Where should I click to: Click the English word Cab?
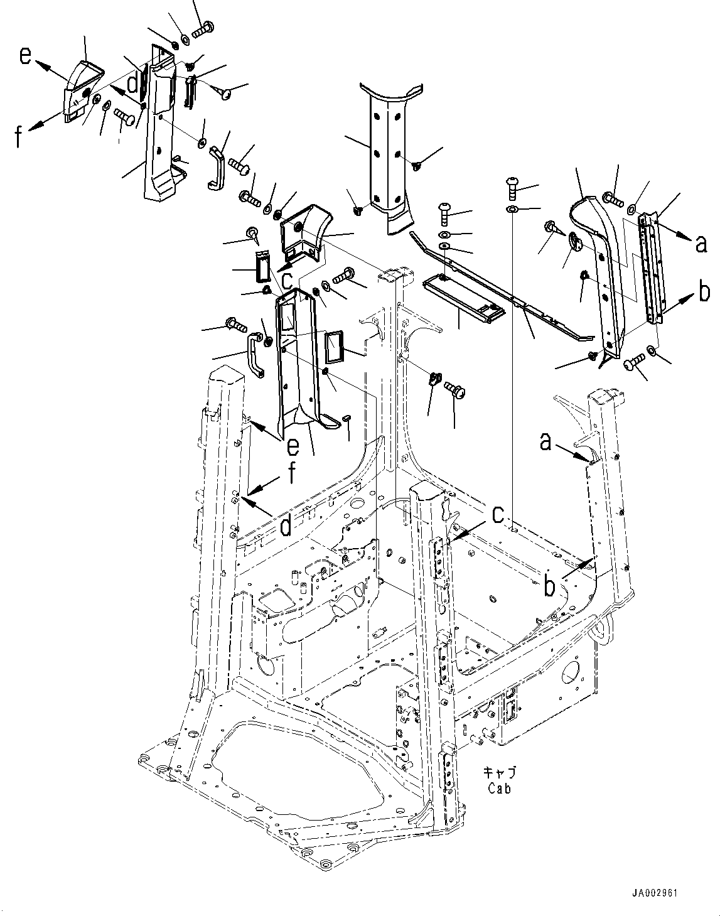coord(499,789)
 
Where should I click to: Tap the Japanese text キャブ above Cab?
coord(498,773)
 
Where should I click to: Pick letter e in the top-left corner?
coord(25,57)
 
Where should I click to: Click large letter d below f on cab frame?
coord(286,526)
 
